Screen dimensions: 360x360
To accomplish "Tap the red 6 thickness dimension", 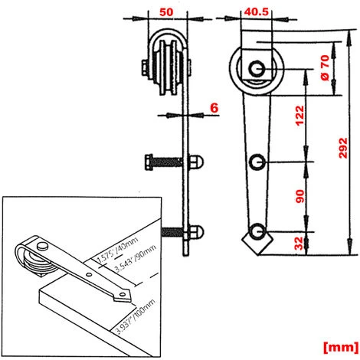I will point(215,109).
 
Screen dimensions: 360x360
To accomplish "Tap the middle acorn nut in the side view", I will point(197,162).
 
